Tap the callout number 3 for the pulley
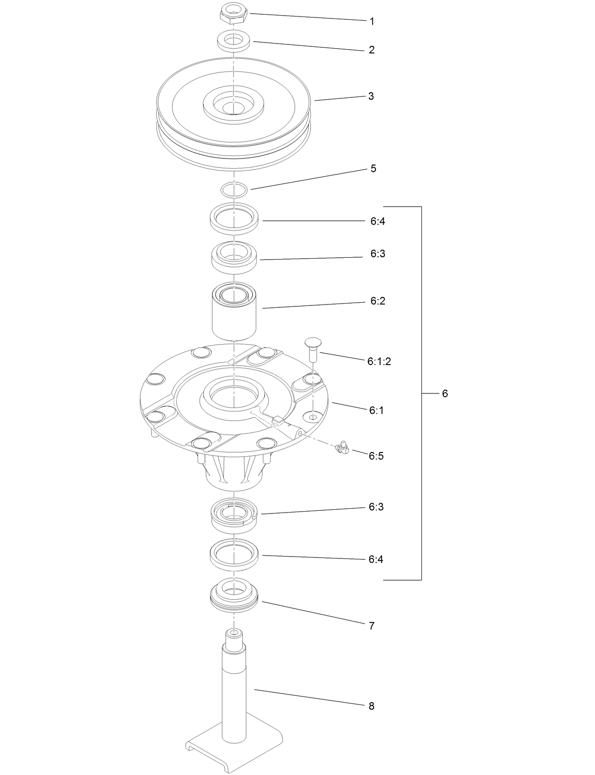point(371,96)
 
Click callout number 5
point(373,169)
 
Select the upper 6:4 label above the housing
point(377,221)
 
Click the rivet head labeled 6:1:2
point(313,343)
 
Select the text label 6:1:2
point(379,362)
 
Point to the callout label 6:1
point(376,410)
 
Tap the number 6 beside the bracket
point(445,393)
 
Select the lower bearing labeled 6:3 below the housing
point(234,515)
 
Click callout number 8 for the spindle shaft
point(371,706)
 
